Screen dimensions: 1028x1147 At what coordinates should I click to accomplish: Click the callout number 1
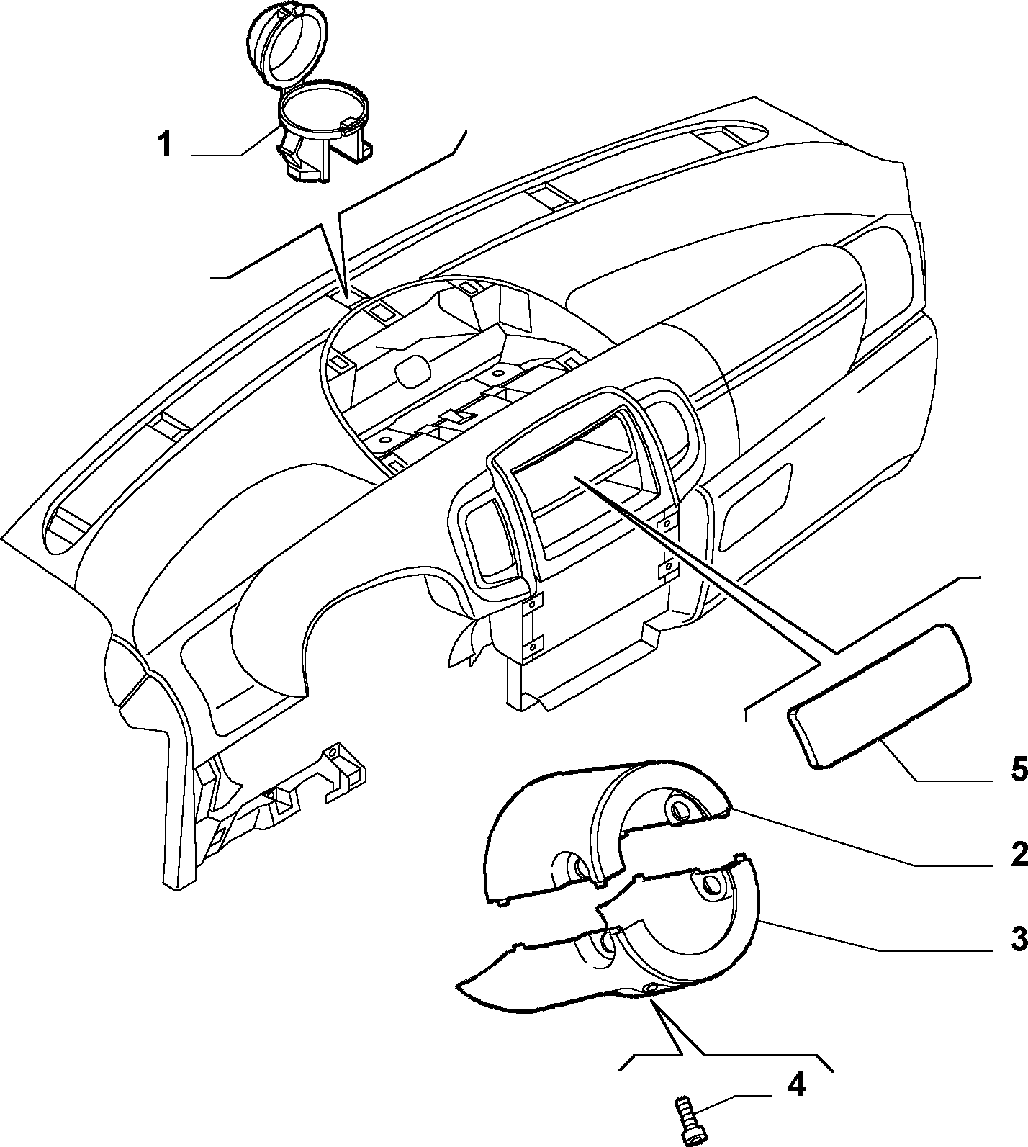[165, 144]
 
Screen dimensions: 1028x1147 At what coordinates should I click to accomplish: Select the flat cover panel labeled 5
[878, 697]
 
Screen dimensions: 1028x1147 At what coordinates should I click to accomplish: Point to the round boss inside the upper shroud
[679, 810]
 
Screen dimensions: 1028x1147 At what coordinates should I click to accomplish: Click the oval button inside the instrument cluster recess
[412, 367]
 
